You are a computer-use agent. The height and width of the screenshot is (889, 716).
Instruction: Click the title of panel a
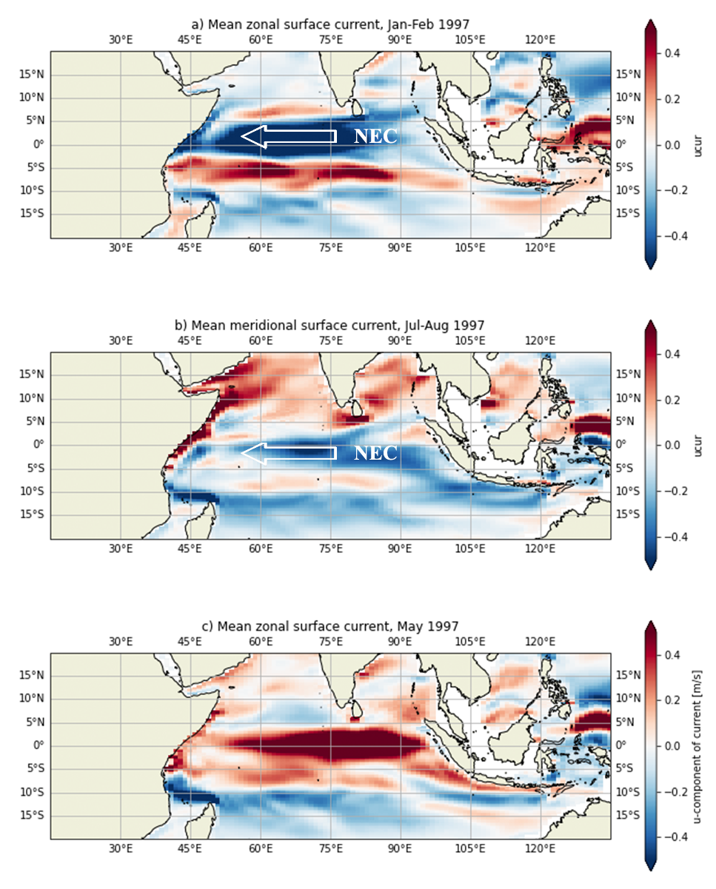pyautogui.click(x=330, y=24)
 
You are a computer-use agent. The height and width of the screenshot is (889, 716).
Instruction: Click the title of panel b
pyautogui.click(x=330, y=326)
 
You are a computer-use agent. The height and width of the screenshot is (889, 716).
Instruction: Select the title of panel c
pyautogui.click(x=330, y=626)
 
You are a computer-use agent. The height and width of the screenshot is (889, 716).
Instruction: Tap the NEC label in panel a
pyautogui.click(x=375, y=136)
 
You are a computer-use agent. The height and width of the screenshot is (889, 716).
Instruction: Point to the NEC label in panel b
pyautogui.click(x=375, y=453)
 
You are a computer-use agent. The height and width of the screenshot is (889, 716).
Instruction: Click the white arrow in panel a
pyautogui.click(x=289, y=136)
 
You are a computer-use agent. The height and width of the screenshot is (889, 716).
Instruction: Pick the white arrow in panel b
pyautogui.click(x=289, y=453)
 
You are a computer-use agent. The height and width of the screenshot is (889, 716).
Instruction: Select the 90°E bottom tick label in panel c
pyautogui.click(x=401, y=848)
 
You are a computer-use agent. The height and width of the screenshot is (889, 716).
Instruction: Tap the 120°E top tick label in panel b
pyautogui.click(x=541, y=340)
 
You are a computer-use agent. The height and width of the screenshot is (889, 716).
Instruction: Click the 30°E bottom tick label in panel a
pyautogui.click(x=121, y=247)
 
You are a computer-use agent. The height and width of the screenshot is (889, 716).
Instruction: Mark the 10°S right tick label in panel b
pyautogui.click(x=627, y=492)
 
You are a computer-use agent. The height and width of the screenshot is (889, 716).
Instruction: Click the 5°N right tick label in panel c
pyautogui.click(x=626, y=722)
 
